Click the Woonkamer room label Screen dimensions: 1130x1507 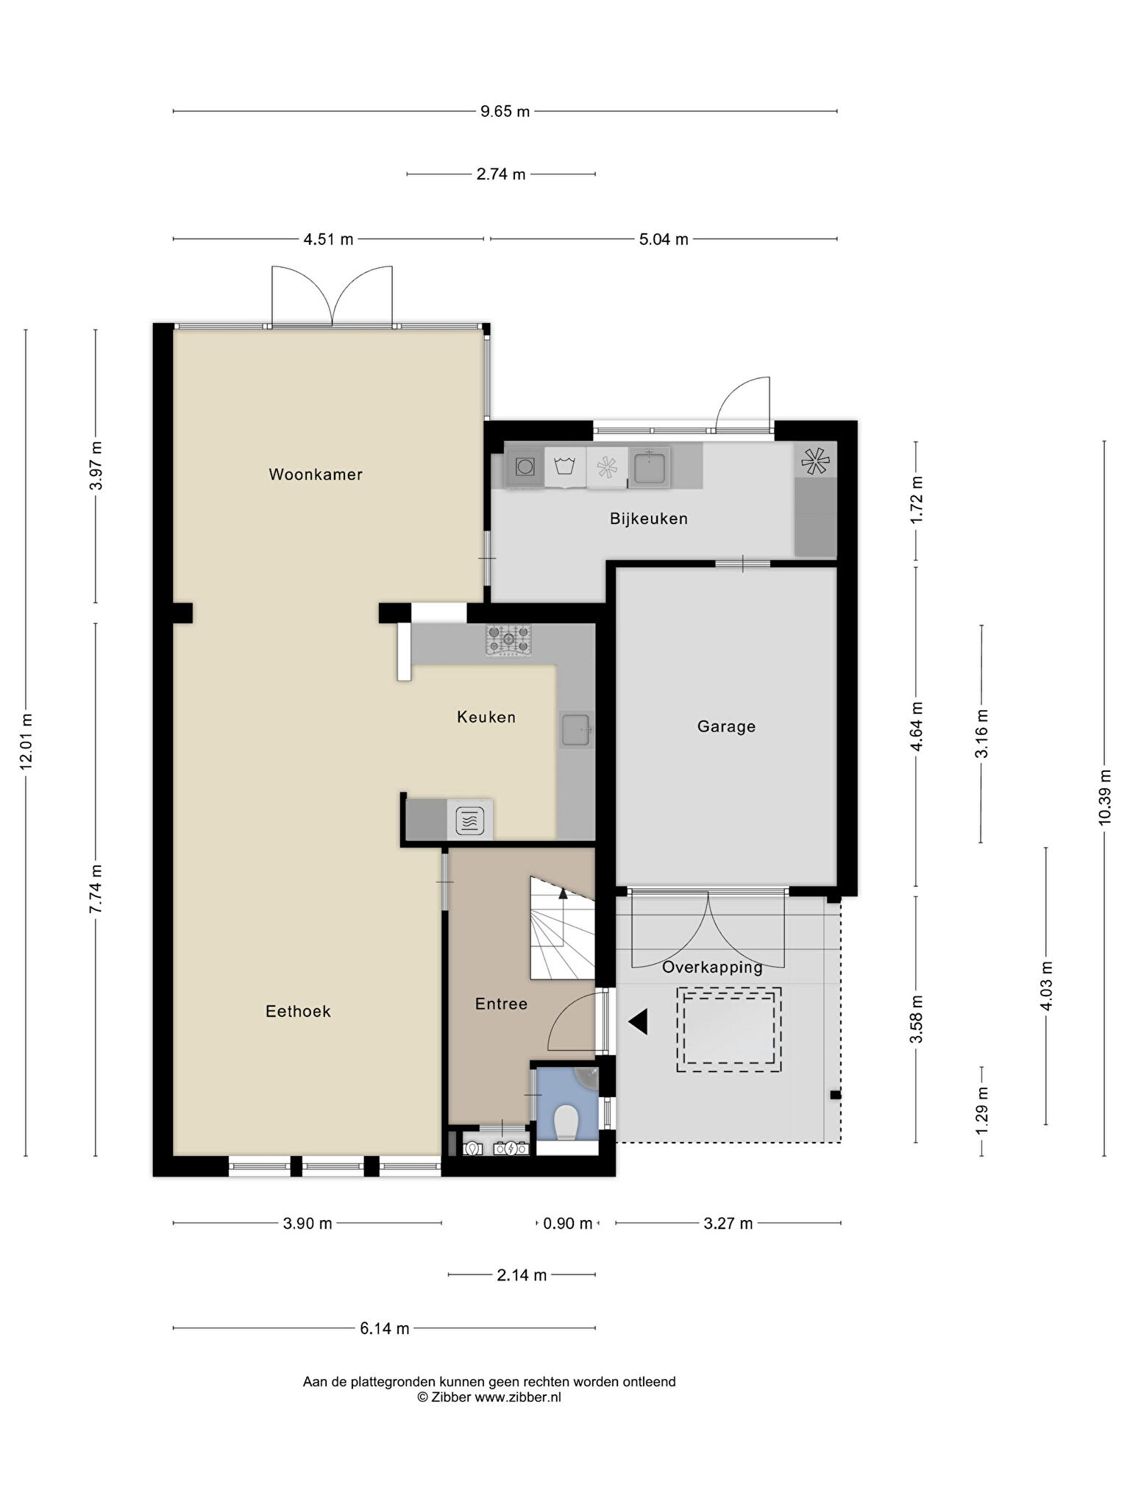coord(316,475)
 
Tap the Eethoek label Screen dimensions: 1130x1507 coord(298,1012)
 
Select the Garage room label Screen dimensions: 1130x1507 coord(726,727)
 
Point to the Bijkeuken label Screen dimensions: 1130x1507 coord(649,519)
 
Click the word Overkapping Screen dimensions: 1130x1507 coord(712,968)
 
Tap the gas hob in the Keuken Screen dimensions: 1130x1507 coord(508,640)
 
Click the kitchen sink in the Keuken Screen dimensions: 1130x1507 coord(576,730)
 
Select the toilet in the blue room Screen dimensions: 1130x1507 coord(566,1121)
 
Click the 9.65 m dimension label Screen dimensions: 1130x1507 coord(505,112)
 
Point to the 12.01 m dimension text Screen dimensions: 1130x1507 coord(26,742)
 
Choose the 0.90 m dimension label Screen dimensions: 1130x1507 coord(567,1224)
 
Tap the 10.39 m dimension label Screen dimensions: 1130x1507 coord(1104,797)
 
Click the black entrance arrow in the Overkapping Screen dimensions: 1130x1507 coord(637,1021)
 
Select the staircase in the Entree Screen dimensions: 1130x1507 coord(563,928)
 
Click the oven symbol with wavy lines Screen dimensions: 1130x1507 coord(470,820)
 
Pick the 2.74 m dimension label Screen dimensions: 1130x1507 coord(501,174)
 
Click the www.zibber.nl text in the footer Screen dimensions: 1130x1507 coord(517,1397)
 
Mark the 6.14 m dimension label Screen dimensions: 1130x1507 coord(385,1328)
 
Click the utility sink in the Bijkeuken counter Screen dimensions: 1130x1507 coord(650,467)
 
